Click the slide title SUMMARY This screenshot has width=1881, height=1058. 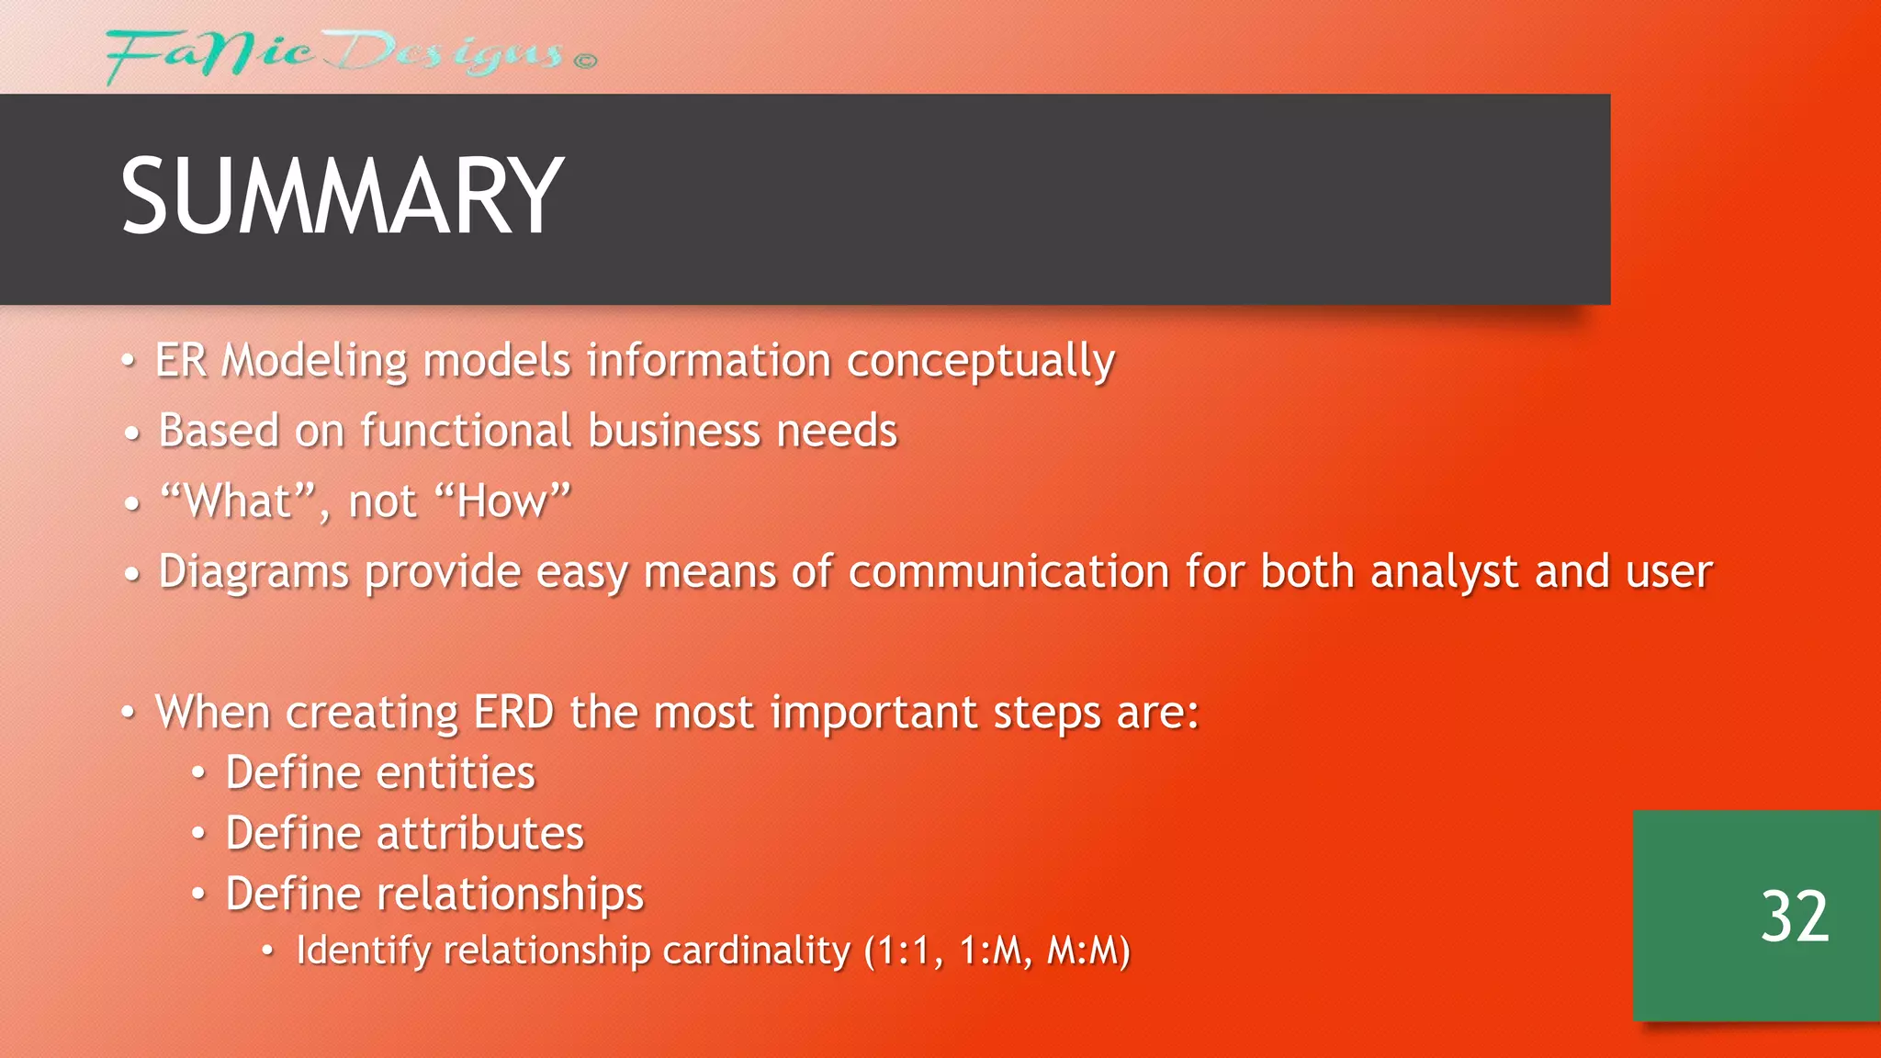(341, 197)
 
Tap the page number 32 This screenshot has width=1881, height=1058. (1795, 917)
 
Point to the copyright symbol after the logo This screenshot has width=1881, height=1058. (586, 61)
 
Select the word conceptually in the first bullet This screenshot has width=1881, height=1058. (980, 361)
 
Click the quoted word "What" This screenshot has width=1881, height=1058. (238, 501)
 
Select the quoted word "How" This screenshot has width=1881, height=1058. (502, 501)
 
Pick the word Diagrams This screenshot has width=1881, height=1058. (253, 572)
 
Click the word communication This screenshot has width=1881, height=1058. (1008, 571)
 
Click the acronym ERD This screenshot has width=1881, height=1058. (513, 712)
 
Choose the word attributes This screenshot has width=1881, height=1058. (479, 834)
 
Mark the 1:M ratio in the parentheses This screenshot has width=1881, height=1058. (994, 951)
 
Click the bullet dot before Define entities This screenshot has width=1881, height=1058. (197, 773)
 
